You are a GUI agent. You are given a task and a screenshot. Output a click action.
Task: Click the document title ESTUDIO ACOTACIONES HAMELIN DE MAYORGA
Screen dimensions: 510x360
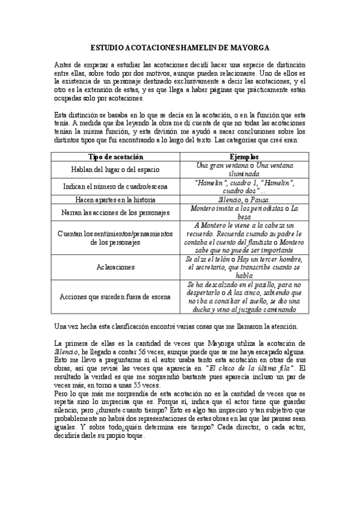pos(180,46)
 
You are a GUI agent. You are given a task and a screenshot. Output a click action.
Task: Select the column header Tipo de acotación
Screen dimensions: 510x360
pos(115,157)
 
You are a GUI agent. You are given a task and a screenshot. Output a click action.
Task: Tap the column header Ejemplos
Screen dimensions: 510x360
pos(243,157)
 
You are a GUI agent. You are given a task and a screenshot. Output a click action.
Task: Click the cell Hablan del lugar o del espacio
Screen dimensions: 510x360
pos(115,170)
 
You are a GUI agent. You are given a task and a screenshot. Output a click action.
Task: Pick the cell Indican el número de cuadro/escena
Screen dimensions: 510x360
pos(115,186)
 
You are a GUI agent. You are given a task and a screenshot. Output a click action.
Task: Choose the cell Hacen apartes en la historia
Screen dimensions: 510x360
pos(115,200)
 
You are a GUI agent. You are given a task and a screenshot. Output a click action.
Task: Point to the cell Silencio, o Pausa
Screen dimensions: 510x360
pos(243,200)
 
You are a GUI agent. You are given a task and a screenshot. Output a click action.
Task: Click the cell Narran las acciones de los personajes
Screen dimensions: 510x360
pos(115,212)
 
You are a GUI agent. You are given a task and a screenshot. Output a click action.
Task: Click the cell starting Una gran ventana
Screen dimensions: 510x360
pos(243,170)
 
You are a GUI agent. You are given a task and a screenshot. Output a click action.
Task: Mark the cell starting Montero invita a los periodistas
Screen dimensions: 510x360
pos(243,212)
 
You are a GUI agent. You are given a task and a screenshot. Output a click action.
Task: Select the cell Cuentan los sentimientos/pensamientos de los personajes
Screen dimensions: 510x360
pos(115,238)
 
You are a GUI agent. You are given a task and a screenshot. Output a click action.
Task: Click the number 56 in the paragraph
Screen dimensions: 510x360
pos(159,351)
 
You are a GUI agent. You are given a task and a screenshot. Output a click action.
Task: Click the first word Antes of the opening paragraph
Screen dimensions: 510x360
pos(63,64)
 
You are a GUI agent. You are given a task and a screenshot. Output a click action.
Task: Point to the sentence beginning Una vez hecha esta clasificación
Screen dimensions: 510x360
pos(180,326)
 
